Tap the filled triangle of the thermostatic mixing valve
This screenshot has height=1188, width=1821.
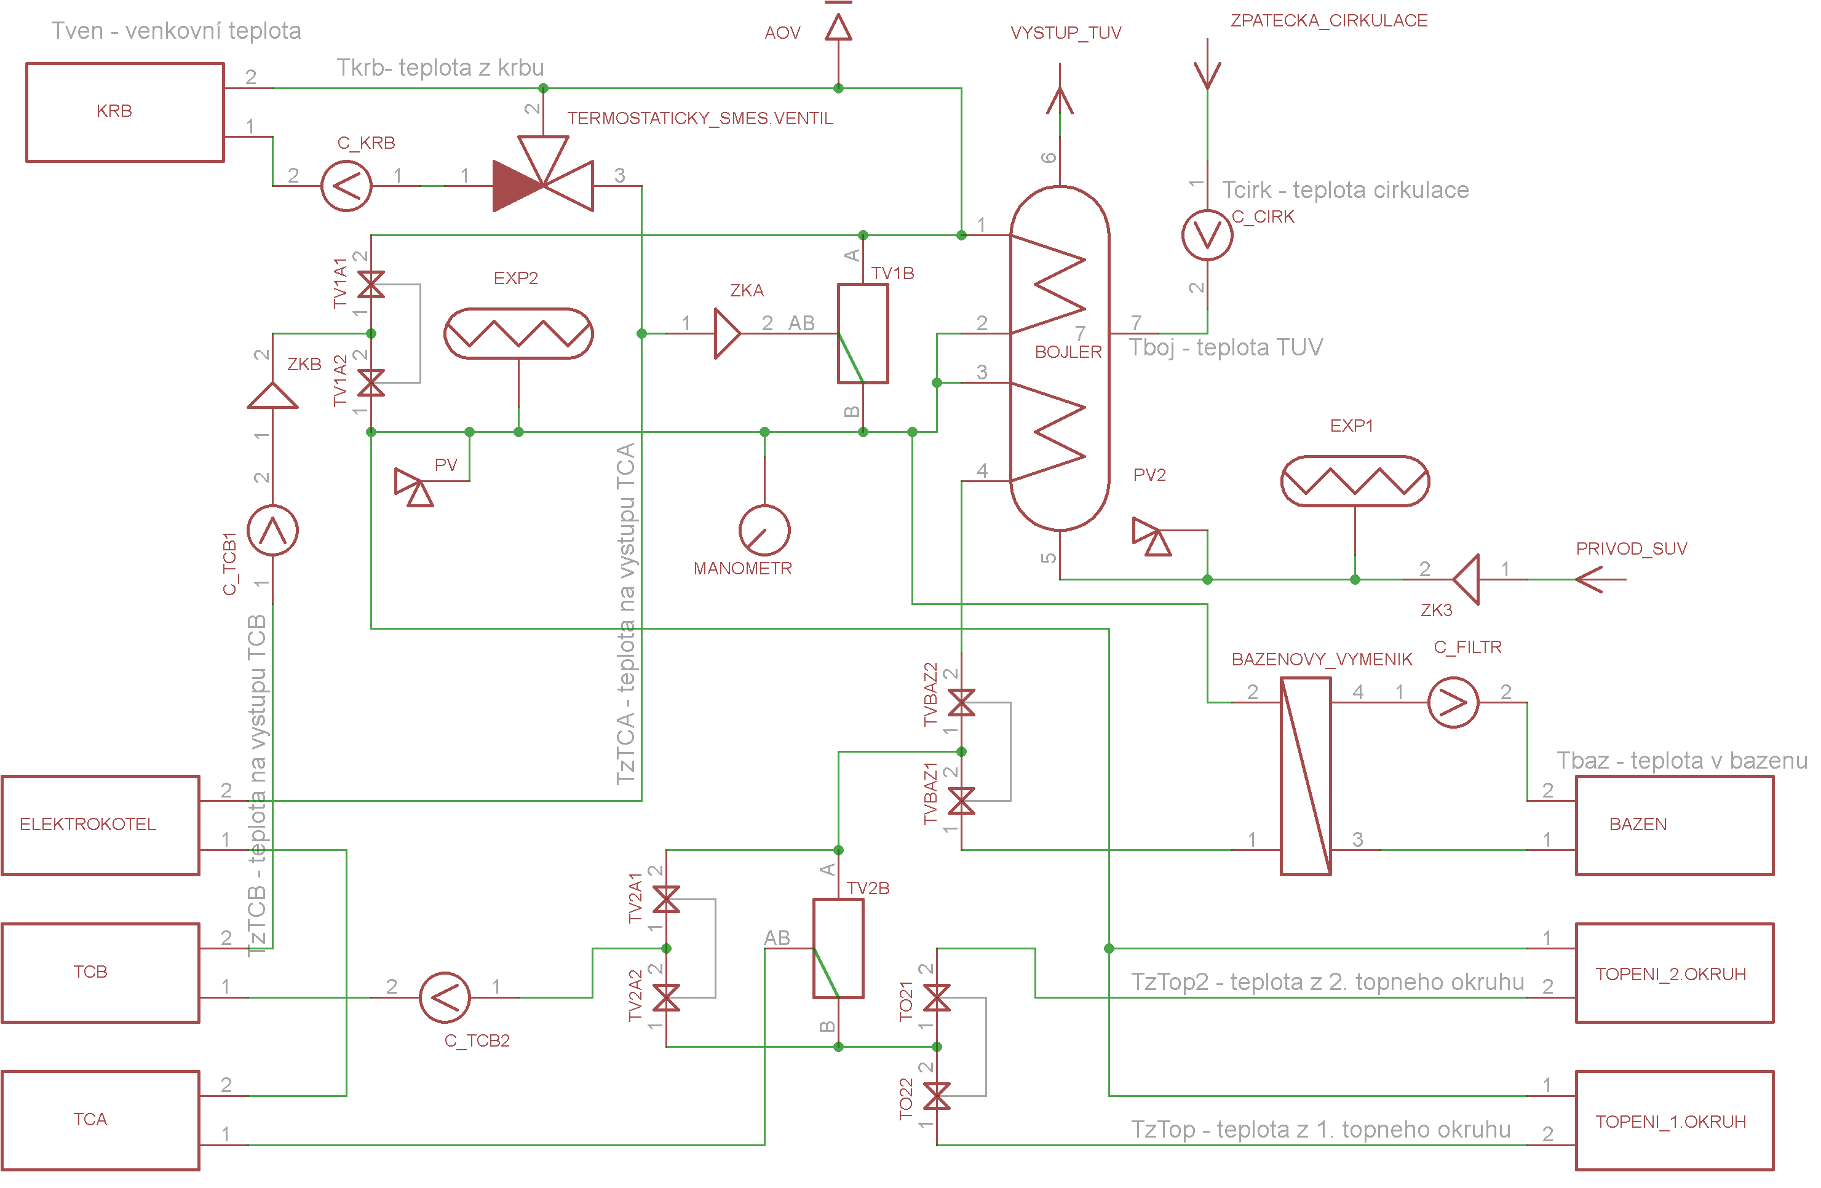point(518,186)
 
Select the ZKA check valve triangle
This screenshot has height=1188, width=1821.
point(727,333)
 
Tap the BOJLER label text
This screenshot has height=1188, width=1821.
point(1068,352)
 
